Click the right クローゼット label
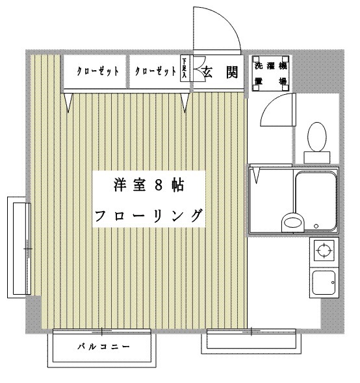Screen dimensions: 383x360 [155, 71]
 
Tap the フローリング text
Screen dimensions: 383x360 [149, 216]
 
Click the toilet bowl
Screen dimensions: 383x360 [317, 137]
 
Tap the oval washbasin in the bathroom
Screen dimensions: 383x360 [292, 222]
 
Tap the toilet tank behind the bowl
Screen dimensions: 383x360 [317, 157]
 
